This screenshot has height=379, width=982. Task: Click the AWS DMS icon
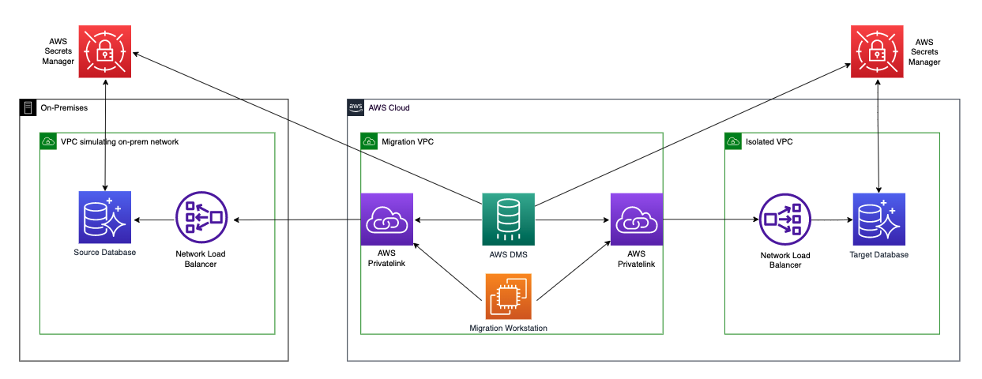pos(508,219)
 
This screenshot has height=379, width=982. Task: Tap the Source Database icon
pos(105,217)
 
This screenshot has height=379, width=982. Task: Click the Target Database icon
pos(879,219)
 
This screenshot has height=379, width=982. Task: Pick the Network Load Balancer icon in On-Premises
pos(201,217)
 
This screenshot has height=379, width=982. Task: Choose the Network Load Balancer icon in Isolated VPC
pos(785,219)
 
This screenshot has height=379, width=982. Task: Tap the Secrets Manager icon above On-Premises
pos(105,52)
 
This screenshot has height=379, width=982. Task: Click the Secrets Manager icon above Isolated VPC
pos(877,52)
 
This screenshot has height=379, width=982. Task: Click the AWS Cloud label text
pos(389,107)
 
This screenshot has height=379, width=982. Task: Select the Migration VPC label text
pos(408,141)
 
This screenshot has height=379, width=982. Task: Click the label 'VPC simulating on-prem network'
pos(120,141)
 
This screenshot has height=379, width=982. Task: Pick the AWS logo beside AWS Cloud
pos(356,107)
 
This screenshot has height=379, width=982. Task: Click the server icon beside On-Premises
pos(28,107)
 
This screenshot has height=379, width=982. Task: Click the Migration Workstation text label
pos(508,328)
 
